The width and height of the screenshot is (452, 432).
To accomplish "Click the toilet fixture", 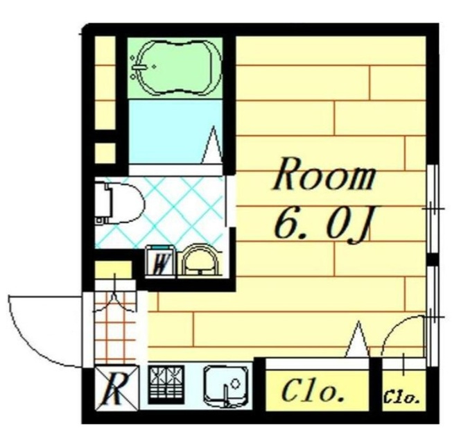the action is [119, 202].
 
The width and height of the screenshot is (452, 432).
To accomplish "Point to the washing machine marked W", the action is [160, 261].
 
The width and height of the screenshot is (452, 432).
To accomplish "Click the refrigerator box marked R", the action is [116, 388].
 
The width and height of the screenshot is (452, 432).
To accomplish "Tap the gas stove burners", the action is [166, 384].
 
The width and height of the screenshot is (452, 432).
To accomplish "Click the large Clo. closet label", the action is [313, 392].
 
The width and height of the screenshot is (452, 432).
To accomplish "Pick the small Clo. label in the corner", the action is [401, 398].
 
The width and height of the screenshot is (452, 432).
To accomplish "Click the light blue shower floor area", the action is [175, 132].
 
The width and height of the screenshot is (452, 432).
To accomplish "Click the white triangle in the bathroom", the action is [214, 145].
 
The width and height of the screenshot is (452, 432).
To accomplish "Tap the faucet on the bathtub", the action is [139, 67].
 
